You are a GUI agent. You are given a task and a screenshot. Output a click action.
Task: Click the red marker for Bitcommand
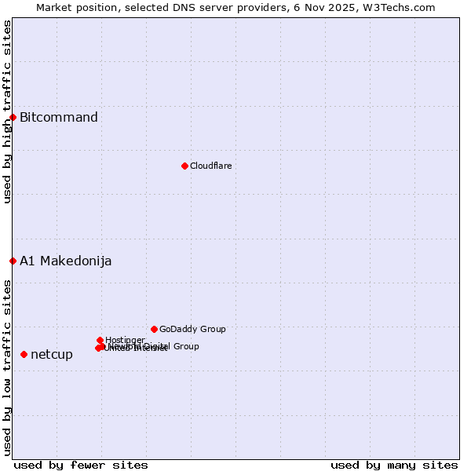tap(13, 117)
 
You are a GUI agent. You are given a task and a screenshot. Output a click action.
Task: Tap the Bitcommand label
tap(59, 118)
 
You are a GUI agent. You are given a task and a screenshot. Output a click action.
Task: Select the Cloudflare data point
tap(184, 166)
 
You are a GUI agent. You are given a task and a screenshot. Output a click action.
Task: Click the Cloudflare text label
tap(210, 166)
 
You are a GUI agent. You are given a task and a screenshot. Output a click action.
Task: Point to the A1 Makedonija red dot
tap(13, 261)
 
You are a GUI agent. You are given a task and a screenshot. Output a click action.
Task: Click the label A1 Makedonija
tap(66, 261)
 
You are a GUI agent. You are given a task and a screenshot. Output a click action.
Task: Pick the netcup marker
tap(24, 354)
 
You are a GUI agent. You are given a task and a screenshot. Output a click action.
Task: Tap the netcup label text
tap(52, 355)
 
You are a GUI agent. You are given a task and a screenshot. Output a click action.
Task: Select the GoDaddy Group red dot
tap(154, 329)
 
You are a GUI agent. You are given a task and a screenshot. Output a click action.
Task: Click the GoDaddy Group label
tap(192, 329)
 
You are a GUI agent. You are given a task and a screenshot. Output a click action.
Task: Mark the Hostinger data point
tap(100, 340)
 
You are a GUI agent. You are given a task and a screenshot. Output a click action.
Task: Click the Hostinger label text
tap(125, 340)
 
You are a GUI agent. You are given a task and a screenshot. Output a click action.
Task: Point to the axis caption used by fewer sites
tap(81, 465)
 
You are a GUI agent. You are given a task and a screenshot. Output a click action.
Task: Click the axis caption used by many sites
tap(394, 465)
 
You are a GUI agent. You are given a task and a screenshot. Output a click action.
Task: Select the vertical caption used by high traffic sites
tap(7, 112)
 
